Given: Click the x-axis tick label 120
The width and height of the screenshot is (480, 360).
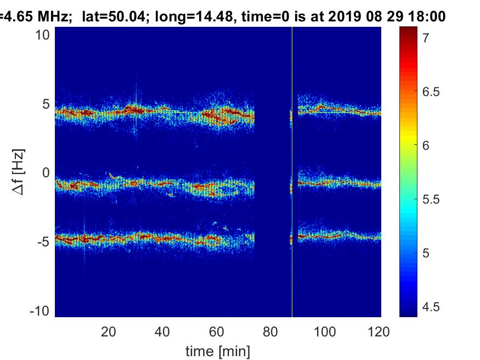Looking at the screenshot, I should tap(379, 331).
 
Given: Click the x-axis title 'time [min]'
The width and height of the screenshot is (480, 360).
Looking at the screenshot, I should tap(217, 350).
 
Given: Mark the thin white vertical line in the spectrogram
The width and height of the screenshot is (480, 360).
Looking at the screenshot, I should tap(292, 165).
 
